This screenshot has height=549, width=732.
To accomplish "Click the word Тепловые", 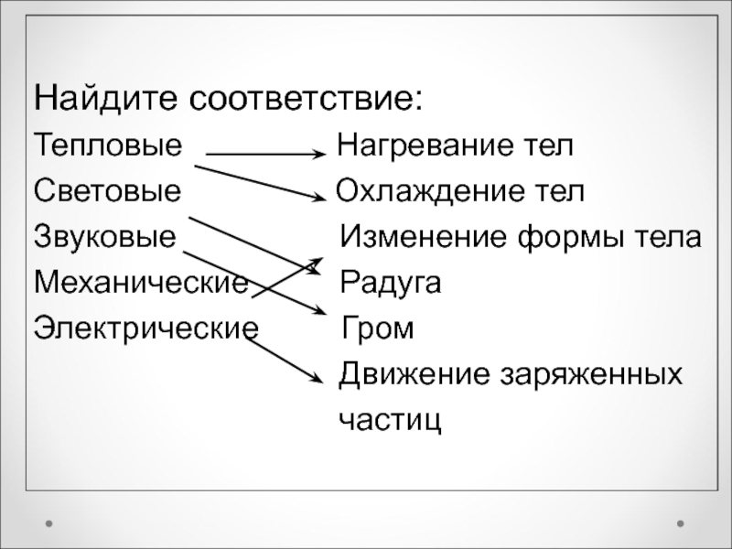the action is pos(108,145).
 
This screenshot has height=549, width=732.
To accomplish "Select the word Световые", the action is pos(108,191).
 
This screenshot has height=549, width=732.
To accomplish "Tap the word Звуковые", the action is pos(105,238).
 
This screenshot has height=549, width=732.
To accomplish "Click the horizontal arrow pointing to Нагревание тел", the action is pos(265,156).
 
